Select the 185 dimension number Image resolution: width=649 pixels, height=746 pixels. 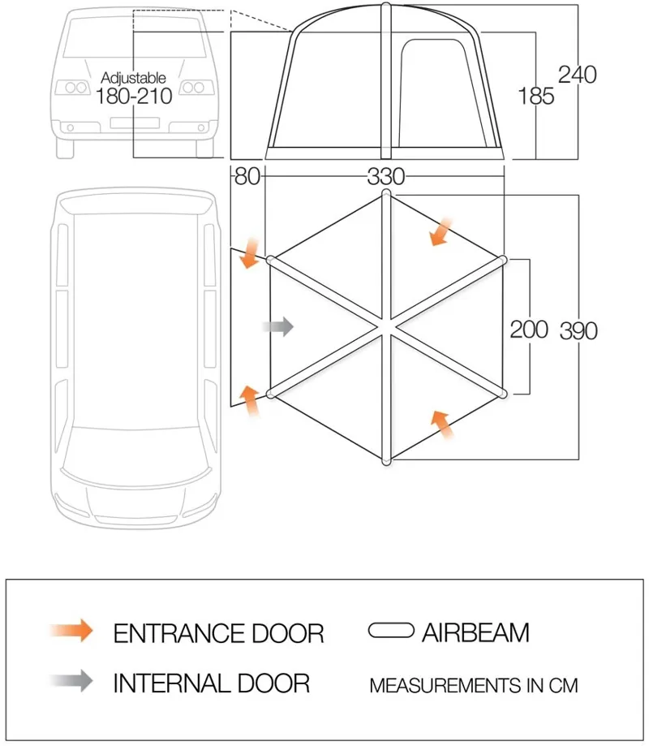coord(536,96)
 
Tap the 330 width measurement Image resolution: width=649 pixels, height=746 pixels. coord(386,176)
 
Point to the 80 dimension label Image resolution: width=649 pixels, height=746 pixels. coord(247,176)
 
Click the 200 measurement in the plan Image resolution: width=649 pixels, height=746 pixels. coord(529,329)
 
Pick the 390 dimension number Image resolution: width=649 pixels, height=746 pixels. coord(578,330)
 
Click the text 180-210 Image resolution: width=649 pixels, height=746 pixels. coord(134,97)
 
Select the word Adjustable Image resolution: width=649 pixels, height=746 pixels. coord(134,78)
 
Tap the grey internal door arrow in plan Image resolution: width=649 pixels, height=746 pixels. coord(278,326)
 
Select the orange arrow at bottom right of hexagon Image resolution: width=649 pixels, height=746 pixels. coord(441,424)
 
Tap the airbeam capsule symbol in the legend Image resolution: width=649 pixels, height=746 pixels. coord(393,631)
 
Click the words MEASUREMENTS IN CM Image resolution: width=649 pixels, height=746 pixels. coord(474,685)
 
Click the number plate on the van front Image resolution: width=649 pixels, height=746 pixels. coord(134,123)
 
